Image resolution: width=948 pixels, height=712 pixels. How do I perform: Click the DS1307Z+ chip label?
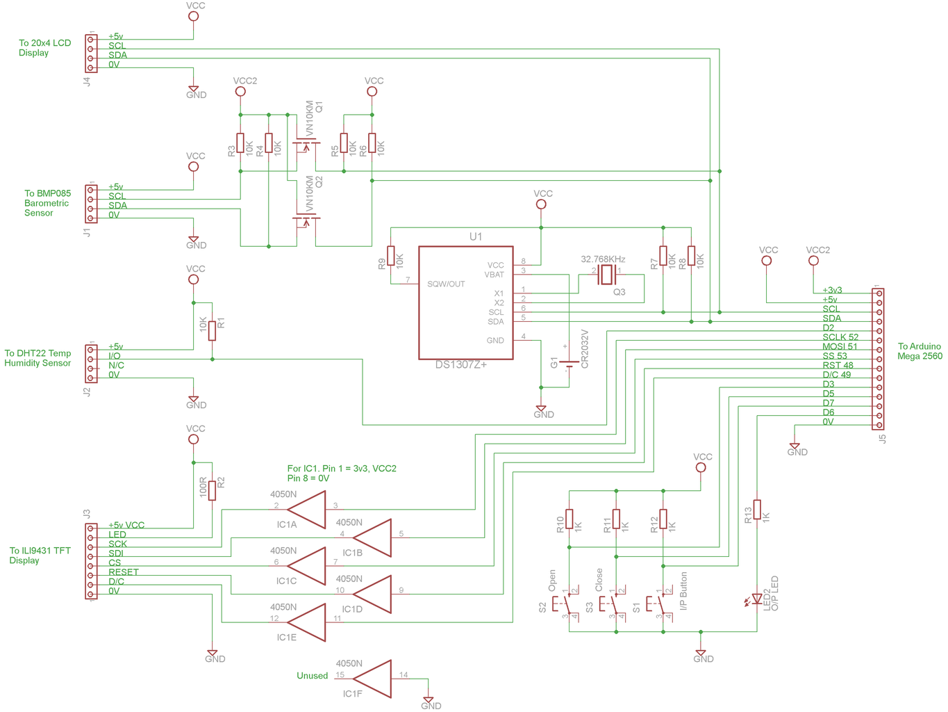(x=461, y=364)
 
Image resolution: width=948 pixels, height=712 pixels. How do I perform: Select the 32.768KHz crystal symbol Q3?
(x=606, y=275)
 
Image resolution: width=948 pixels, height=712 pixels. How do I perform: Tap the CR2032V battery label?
(x=584, y=349)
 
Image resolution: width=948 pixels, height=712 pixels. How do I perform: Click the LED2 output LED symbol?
(x=756, y=599)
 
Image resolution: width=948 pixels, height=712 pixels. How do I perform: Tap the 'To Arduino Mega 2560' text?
(x=920, y=351)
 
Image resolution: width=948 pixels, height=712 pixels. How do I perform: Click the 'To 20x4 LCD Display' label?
(x=44, y=47)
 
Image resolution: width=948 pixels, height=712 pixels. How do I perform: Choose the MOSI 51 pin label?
(x=840, y=346)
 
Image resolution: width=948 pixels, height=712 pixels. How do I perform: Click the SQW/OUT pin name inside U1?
(x=446, y=284)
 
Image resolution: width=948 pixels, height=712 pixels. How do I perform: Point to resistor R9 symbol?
(x=391, y=256)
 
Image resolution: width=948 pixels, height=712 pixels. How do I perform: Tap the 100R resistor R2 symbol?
(x=213, y=490)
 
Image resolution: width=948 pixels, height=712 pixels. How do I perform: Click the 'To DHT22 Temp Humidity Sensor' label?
(x=38, y=358)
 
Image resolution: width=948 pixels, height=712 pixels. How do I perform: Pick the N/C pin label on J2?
(x=116, y=365)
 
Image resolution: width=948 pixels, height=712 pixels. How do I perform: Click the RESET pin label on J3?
(x=123, y=572)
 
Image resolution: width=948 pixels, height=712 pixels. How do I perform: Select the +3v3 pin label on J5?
(x=832, y=290)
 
